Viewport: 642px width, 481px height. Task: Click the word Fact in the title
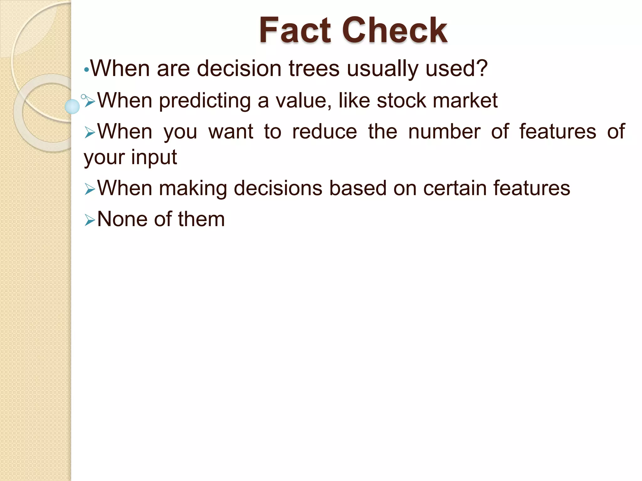pyautogui.click(x=295, y=30)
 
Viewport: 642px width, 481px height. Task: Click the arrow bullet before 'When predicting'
pyautogui.click(x=90, y=101)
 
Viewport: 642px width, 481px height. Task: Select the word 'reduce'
pyautogui.click(x=324, y=131)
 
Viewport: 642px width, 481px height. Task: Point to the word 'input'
pyautogui.click(x=154, y=158)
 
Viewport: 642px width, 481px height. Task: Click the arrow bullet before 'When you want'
pyautogui.click(x=90, y=133)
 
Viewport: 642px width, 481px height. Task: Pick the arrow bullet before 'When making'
pyautogui.click(x=90, y=189)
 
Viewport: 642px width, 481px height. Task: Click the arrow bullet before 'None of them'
pyautogui.click(x=90, y=220)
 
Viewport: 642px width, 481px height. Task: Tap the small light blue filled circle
pyautogui.click(x=72, y=106)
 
